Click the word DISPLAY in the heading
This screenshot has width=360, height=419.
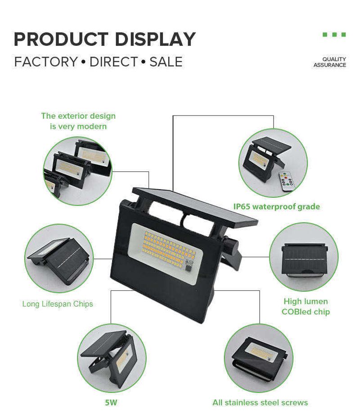155,39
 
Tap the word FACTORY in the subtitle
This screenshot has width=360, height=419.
46,62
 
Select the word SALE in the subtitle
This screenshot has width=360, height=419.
166,62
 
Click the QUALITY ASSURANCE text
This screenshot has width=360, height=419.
330,62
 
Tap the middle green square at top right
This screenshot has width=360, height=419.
334,35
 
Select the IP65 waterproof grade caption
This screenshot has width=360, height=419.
277,206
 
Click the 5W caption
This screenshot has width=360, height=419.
111,402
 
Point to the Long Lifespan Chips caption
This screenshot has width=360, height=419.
58,304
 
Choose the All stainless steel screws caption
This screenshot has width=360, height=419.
260,402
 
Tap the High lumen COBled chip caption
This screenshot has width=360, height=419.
306,307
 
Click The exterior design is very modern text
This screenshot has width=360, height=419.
78,121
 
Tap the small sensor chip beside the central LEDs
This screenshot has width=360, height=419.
189,266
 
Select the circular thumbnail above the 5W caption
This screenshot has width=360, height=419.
112,358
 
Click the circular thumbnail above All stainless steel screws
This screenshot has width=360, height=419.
259,358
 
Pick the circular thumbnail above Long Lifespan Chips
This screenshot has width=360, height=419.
59,259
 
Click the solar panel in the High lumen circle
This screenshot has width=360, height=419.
304,258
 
